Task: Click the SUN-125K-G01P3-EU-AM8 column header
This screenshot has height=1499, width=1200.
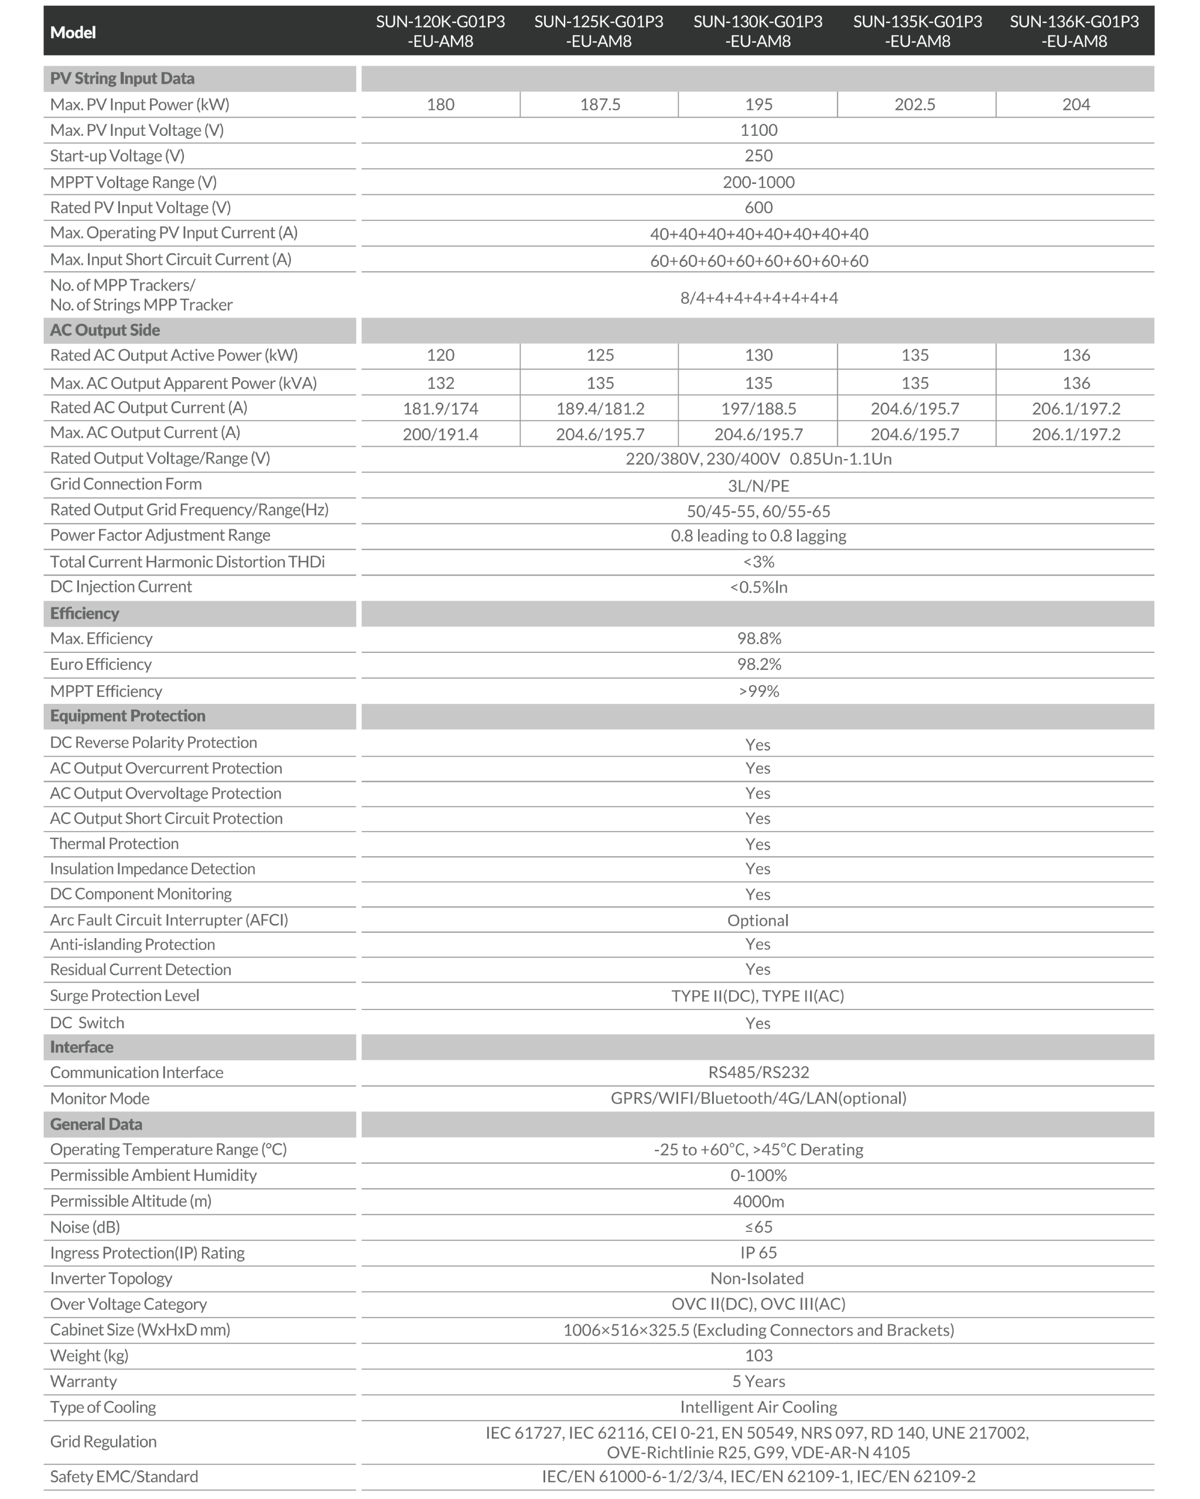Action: [x=599, y=31]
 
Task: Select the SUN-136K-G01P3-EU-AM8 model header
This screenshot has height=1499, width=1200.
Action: [x=1074, y=31]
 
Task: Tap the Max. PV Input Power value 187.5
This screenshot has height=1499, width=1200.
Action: [x=600, y=104]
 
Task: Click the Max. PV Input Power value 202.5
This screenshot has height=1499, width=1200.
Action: [x=915, y=104]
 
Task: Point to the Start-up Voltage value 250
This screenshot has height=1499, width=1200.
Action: [x=758, y=156]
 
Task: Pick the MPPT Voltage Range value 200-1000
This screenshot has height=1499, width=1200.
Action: [x=758, y=182]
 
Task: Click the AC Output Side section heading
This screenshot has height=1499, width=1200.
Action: [x=105, y=330]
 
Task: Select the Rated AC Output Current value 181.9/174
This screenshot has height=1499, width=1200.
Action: [x=441, y=409]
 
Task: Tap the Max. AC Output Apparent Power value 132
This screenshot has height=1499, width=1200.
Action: [x=441, y=383]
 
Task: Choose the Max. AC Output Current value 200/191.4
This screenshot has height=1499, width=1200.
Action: [x=441, y=434]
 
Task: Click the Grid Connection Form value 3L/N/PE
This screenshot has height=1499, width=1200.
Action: [x=758, y=485]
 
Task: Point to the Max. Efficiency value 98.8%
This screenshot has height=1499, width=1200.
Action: [x=758, y=638]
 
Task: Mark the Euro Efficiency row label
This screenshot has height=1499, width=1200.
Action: [x=101, y=664]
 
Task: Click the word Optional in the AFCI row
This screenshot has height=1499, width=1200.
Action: [x=758, y=920]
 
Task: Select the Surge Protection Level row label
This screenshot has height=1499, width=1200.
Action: [x=124, y=995]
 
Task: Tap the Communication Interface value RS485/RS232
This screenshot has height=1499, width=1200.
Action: [x=758, y=1072]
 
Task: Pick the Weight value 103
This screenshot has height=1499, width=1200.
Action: [x=758, y=1355]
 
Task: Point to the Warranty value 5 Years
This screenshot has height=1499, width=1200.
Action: [x=758, y=1381]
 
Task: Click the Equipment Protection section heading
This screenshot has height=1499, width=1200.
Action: [x=128, y=716]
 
